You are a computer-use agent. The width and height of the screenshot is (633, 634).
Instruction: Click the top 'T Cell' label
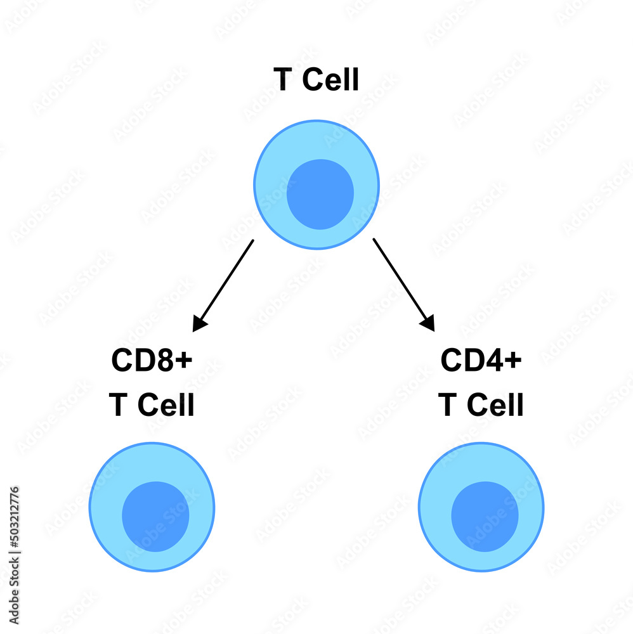(x=316, y=81)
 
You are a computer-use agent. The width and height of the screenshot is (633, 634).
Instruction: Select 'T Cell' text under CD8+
(x=152, y=405)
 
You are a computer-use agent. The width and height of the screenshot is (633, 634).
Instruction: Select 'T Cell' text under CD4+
(x=481, y=405)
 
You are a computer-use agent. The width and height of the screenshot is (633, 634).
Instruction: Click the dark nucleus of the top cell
(x=320, y=194)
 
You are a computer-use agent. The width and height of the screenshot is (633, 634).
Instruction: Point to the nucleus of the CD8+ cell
(x=155, y=516)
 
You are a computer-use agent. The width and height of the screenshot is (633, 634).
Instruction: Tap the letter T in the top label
(x=283, y=81)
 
